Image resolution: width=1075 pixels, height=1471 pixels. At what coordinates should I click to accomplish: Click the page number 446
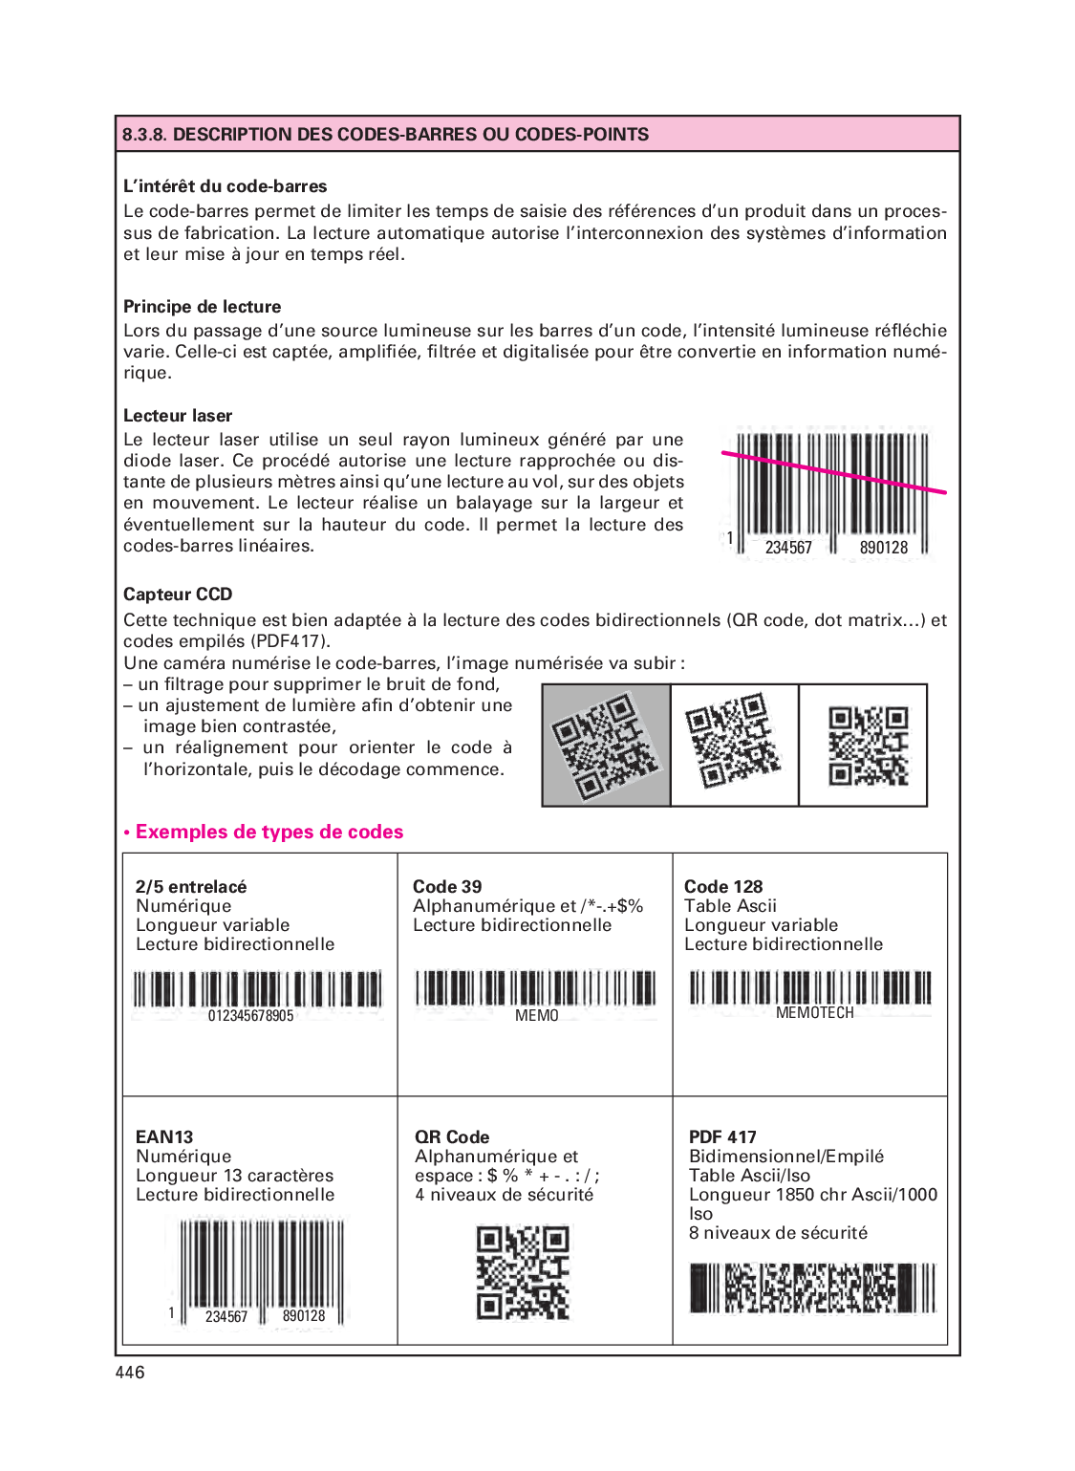coord(130,1373)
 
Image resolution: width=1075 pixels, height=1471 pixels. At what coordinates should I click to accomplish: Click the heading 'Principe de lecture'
coord(202,307)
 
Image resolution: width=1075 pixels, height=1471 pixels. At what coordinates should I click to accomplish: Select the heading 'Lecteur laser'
coord(178,416)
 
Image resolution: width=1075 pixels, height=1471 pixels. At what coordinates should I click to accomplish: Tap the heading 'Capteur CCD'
coord(178,595)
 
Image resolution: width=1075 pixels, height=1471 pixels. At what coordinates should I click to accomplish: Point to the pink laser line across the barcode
coord(833,473)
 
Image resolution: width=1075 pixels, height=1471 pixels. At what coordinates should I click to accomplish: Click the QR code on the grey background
coord(606,746)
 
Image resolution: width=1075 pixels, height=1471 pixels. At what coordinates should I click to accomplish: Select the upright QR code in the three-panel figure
coord(868,746)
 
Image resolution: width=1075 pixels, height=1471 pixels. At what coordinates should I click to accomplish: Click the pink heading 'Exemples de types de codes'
coord(269,832)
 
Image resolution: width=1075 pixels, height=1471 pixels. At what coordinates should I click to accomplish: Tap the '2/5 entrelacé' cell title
coord(191,887)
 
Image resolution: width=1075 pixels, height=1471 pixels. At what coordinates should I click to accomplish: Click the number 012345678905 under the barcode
coord(250,1016)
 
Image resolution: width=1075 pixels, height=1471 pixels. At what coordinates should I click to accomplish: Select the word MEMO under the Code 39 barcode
coord(536,1016)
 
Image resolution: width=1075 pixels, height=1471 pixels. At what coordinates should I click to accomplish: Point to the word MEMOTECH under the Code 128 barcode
coord(814,1013)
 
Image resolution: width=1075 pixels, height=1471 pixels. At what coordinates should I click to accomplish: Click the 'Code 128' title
coord(723,887)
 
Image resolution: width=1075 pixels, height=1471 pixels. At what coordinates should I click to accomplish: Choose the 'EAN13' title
coord(164,1137)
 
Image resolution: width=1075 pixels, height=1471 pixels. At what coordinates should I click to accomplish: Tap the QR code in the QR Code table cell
coord(523,1272)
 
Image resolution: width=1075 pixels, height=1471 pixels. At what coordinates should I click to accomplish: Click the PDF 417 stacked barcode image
coord(812,1287)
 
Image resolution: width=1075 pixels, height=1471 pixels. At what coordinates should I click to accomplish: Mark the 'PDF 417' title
coord(722,1137)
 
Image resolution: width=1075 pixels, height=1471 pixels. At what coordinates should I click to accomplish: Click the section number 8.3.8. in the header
coord(144,135)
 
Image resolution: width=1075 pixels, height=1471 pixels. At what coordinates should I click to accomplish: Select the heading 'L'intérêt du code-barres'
coord(226,186)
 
